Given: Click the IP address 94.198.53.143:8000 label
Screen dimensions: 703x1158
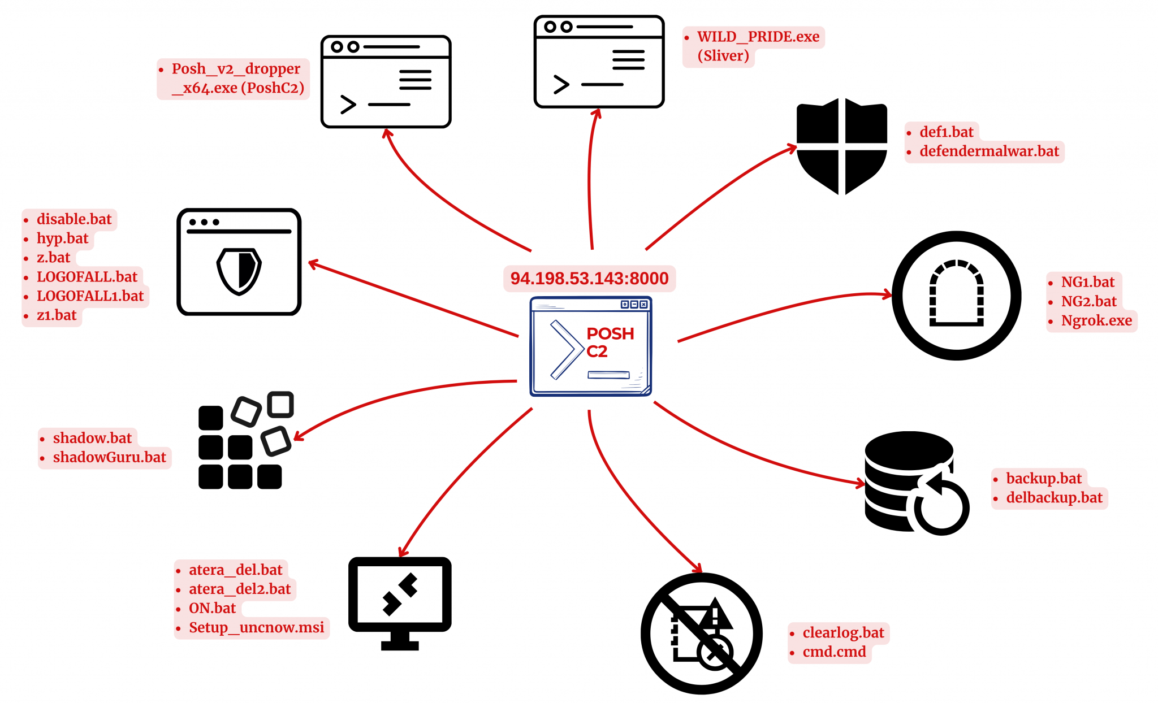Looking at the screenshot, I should click(589, 278).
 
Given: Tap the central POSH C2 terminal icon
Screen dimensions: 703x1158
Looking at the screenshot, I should click(590, 346).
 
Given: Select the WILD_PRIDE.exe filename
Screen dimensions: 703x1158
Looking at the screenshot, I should click(758, 37).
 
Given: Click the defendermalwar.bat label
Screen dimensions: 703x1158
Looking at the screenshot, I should click(989, 151).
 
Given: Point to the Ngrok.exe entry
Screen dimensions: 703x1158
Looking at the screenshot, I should click(1096, 320).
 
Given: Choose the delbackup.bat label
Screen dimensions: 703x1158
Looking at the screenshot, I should click(1054, 498).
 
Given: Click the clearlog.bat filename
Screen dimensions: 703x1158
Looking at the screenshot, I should click(842, 633).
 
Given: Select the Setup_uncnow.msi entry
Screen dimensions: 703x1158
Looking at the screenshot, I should click(256, 628).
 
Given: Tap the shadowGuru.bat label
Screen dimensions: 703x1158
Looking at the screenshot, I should click(109, 457).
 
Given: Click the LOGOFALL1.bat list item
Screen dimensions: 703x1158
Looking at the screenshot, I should click(90, 296).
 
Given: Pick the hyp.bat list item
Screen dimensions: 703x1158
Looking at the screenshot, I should click(62, 238).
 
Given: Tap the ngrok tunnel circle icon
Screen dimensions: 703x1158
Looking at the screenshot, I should click(956, 295).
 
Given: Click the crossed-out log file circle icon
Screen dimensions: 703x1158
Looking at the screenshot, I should click(701, 633).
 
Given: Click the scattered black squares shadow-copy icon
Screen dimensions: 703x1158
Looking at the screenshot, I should click(244, 441).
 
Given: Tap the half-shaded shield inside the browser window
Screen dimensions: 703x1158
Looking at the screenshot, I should click(239, 271).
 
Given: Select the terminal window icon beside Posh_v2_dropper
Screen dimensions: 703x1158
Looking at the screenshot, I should click(386, 82).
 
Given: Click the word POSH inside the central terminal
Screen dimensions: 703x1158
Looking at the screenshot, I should click(610, 333).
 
